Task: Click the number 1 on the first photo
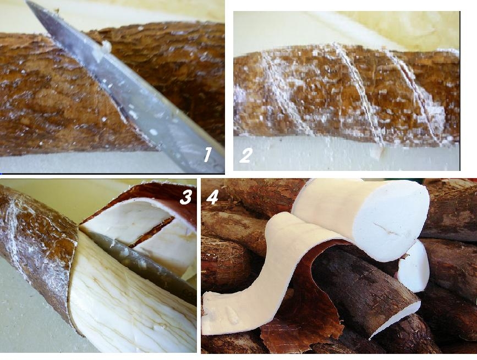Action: pos(208,154)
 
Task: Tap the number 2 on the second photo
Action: pos(246,155)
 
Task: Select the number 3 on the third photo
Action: pos(185,197)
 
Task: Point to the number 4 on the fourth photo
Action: pos(212,197)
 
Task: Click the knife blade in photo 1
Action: pos(128,88)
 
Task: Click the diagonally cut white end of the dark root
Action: pos(396,319)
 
